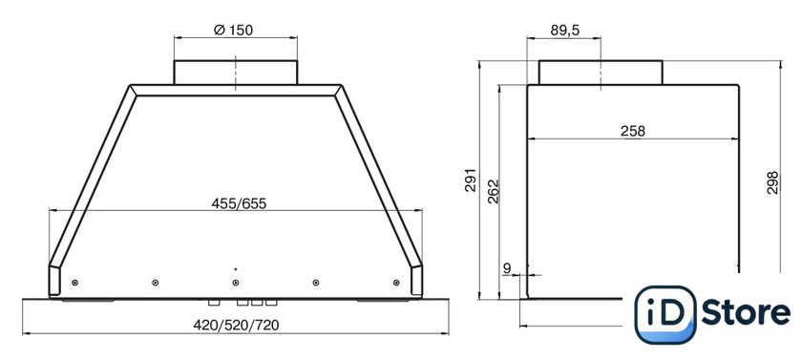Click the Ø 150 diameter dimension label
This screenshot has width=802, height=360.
233,31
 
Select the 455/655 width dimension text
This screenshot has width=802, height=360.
239,203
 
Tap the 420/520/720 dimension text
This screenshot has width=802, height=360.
236,326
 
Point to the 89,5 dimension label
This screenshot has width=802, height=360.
564,31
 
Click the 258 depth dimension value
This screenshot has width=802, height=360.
633,131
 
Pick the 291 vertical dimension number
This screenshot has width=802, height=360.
470,180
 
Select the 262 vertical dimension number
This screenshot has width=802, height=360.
493,192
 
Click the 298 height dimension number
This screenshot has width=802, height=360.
772,182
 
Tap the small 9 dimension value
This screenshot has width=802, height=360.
507,267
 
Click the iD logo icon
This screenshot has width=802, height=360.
665,314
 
